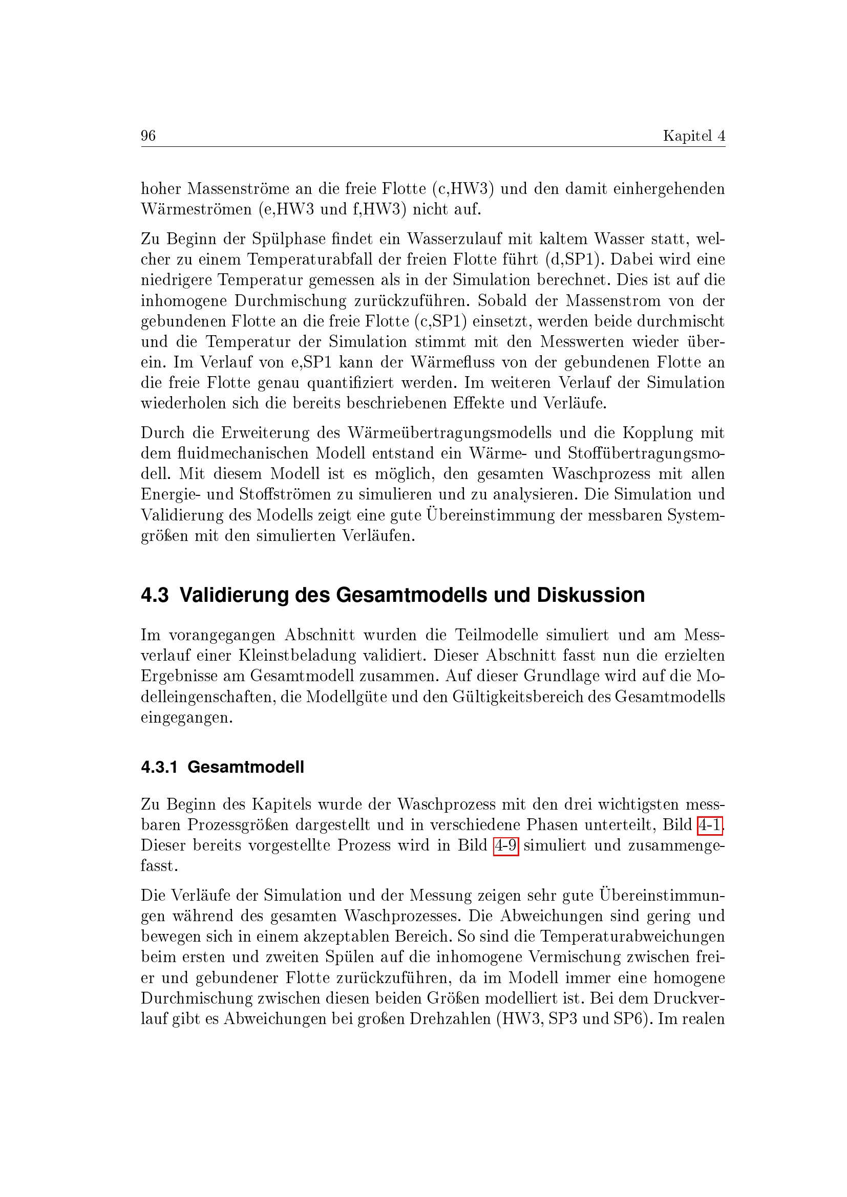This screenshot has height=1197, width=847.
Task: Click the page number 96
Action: coord(148,136)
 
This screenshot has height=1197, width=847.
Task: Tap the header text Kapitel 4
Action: coord(694,136)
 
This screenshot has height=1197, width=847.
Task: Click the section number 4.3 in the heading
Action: coord(154,595)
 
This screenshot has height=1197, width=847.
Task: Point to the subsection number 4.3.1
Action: coord(159,767)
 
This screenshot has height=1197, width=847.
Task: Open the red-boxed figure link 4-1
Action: coord(710,825)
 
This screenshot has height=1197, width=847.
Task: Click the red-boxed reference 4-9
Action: coord(505,845)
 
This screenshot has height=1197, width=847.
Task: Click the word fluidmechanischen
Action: coord(242,453)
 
